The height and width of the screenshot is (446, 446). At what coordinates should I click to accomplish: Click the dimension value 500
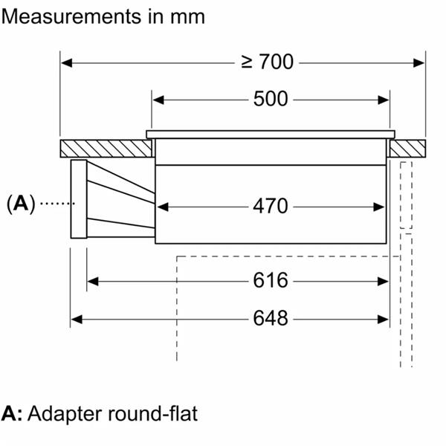click(271, 99)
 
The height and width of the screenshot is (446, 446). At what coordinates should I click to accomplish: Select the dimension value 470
click(271, 206)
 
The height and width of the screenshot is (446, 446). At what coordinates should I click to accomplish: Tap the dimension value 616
click(271, 280)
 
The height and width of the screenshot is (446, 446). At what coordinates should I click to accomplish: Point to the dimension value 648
click(271, 318)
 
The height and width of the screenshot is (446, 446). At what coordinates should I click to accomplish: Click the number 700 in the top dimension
click(277, 62)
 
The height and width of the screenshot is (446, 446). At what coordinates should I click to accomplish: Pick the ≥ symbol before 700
click(247, 62)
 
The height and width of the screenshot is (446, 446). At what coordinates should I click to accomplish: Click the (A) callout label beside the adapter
click(21, 204)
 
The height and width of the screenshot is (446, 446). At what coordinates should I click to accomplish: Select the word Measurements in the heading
click(71, 16)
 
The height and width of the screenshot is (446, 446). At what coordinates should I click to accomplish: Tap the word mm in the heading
click(187, 18)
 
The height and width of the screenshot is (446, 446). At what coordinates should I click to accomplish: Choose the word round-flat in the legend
click(152, 413)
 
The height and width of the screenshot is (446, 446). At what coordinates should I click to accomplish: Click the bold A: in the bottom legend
click(12, 413)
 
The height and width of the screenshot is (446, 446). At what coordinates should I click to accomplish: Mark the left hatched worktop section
click(106, 149)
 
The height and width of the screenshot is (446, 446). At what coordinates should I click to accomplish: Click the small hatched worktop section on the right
click(407, 149)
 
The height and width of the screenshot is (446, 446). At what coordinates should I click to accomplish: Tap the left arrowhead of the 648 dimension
click(77, 320)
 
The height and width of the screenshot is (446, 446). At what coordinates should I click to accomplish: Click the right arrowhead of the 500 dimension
click(384, 100)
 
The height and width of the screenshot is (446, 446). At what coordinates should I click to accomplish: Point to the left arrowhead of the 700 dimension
click(66, 63)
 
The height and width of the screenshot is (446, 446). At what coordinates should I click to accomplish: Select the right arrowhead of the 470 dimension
click(379, 207)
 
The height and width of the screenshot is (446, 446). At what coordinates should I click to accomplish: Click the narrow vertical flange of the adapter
click(79, 198)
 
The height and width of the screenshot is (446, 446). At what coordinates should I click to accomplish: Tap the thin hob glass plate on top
click(271, 135)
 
